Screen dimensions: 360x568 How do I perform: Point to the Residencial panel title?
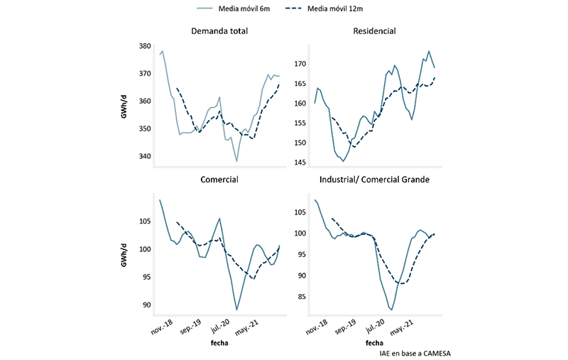[x=374, y=31]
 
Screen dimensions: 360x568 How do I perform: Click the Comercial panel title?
[x=219, y=180]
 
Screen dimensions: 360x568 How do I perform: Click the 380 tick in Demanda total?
[x=145, y=46]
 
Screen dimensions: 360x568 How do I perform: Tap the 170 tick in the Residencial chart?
[x=301, y=64]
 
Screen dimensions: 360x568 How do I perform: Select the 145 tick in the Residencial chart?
[x=301, y=163]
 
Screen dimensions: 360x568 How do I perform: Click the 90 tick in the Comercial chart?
[x=148, y=305]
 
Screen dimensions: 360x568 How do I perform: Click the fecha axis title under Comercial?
[x=219, y=344]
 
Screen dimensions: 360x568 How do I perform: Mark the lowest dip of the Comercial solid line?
[x=236, y=310]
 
